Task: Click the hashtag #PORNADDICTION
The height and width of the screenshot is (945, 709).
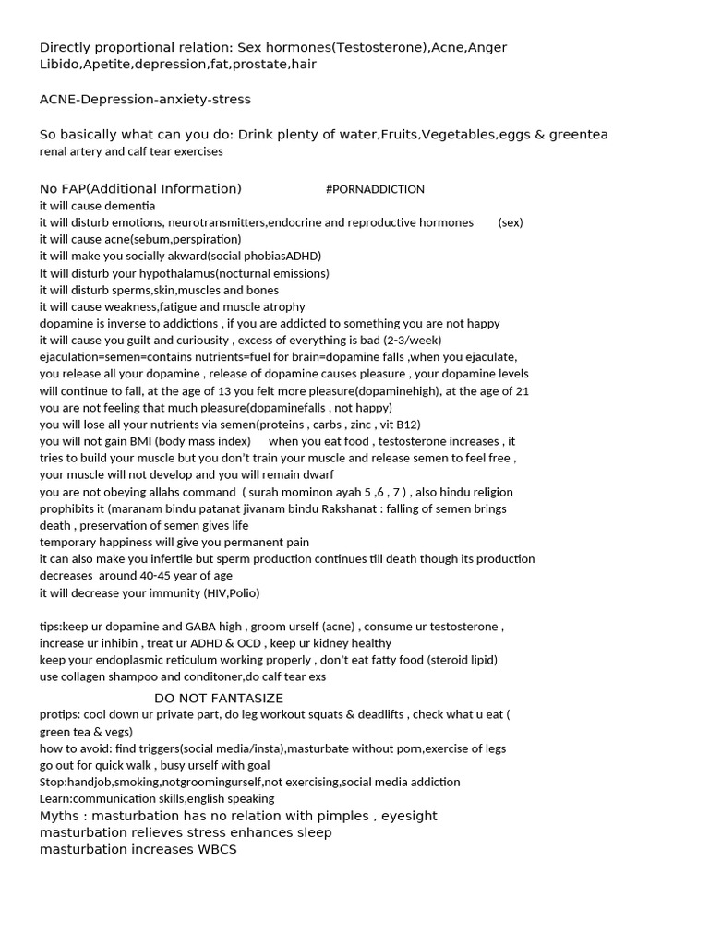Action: [375, 189]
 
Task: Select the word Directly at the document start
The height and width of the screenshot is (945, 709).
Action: [66, 47]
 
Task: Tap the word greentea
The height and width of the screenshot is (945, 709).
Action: [579, 135]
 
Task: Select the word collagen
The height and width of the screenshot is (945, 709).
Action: [86, 676]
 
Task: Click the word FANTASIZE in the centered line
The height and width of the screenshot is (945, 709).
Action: [244, 699]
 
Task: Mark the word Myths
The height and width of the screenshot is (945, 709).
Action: [60, 816]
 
